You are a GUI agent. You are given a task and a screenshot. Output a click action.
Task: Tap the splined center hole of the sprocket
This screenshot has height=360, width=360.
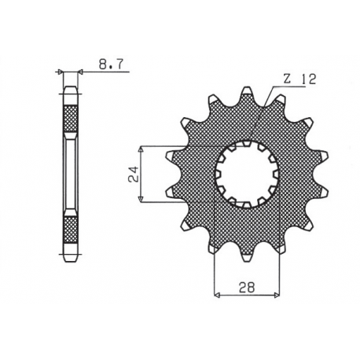tap(247, 174)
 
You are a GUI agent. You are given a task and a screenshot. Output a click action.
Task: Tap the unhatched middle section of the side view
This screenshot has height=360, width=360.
tap(71, 175)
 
